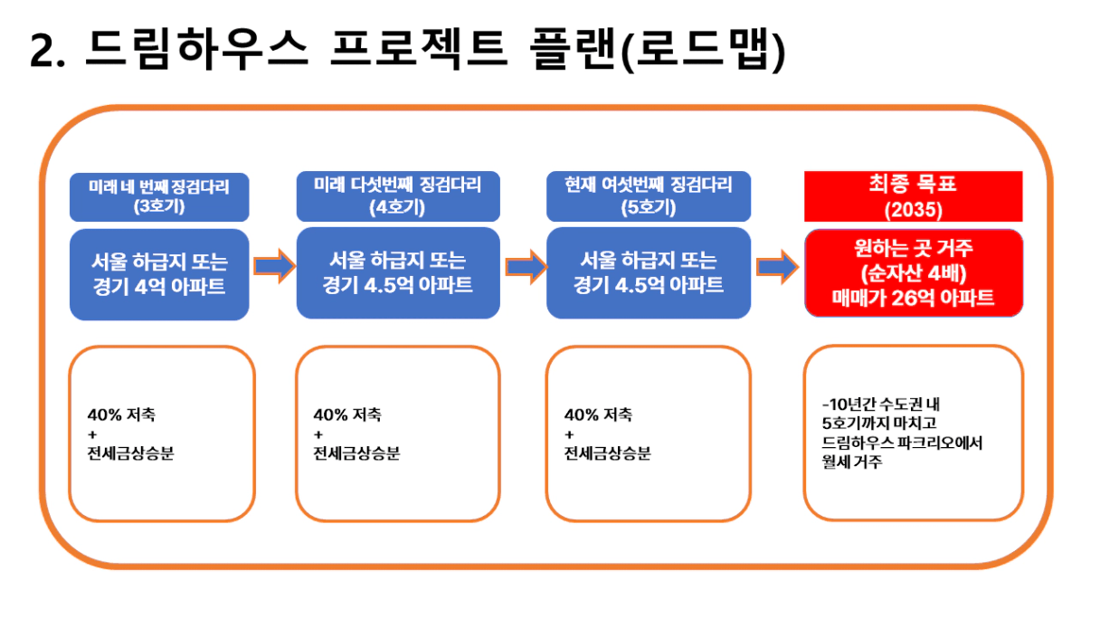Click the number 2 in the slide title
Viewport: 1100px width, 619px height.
[x=43, y=51]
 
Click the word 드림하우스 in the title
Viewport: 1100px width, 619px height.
[x=196, y=49]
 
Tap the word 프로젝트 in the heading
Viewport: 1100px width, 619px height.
[x=419, y=49]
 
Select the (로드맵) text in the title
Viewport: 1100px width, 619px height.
[x=703, y=50]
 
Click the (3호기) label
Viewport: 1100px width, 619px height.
[x=159, y=205]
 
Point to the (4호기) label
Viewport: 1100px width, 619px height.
[x=397, y=207]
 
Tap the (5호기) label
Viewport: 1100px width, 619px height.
[x=649, y=207]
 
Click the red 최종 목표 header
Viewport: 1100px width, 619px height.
[x=913, y=183]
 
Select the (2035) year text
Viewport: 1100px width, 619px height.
[x=914, y=210]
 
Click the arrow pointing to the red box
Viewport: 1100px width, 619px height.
[x=777, y=267]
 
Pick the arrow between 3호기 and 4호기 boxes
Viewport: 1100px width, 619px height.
[x=275, y=266]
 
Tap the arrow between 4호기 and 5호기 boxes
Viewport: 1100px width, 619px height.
[x=526, y=267]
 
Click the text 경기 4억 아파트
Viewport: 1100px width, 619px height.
[x=159, y=286]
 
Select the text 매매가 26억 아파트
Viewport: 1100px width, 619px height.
[x=913, y=298]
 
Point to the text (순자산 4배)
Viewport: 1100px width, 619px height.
[x=914, y=273]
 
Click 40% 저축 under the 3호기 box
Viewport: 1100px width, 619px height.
[x=121, y=414]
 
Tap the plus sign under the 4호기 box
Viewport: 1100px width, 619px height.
[x=318, y=434]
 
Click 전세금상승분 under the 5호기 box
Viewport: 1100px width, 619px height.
[x=608, y=453]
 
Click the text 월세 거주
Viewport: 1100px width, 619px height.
[x=852, y=462]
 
